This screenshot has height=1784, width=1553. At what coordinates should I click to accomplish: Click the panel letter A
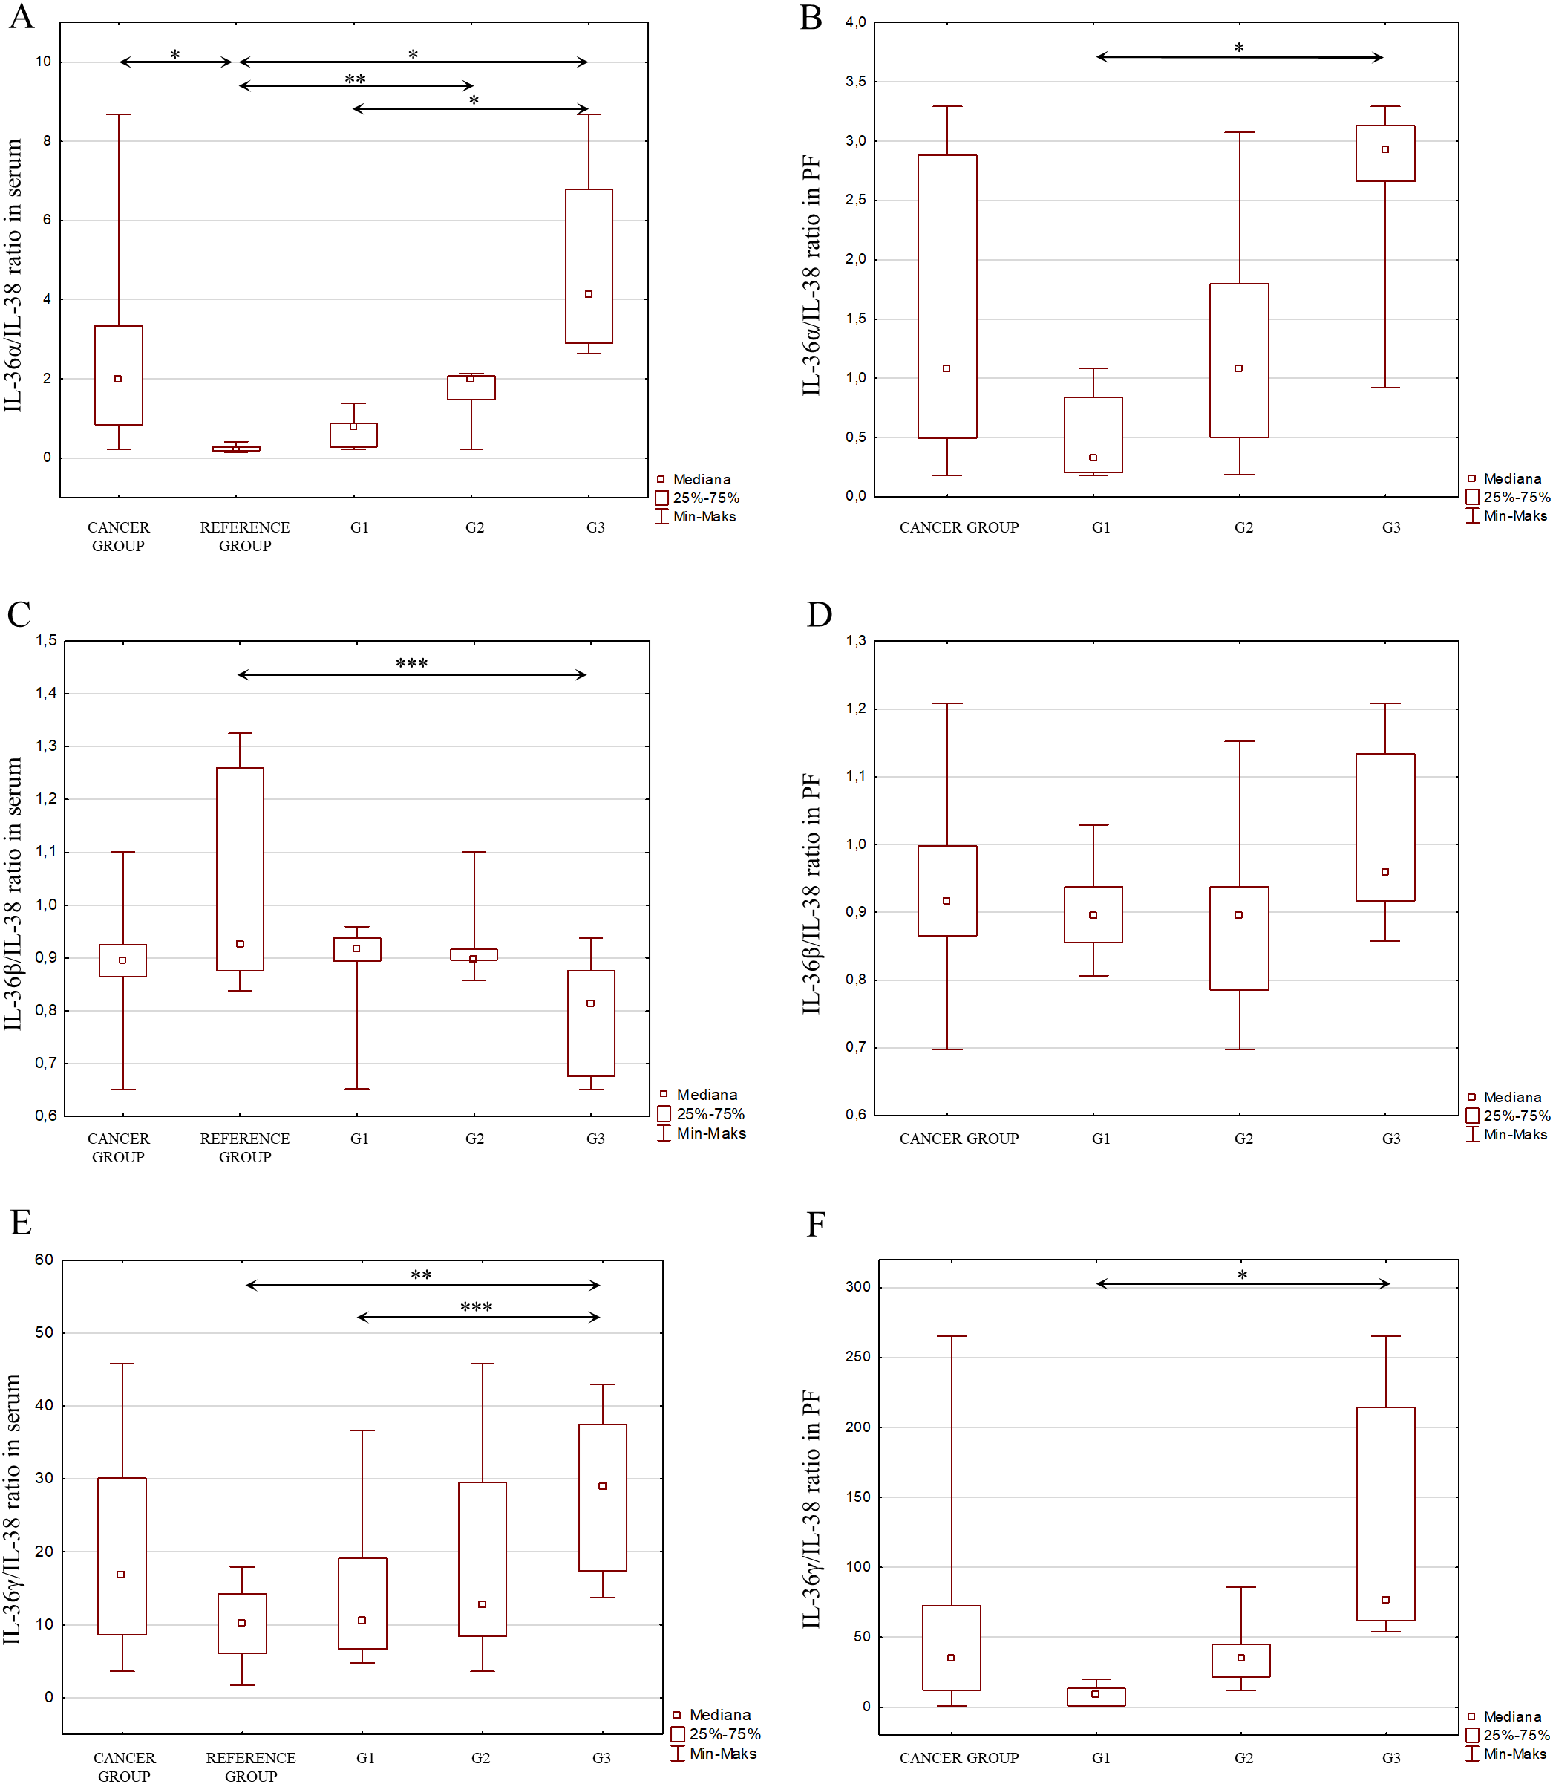click(x=21, y=16)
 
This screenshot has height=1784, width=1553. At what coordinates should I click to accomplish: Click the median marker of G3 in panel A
click(x=589, y=294)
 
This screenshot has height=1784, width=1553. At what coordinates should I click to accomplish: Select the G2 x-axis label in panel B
click(x=1243, y=527)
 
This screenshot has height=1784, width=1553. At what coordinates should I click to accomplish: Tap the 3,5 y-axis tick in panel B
click(x=855, y=82)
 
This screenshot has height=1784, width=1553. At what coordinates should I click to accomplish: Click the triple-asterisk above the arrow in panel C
click(x=412, y=664)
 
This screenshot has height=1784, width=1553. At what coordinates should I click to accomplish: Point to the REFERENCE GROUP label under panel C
click(x=244, y=1147)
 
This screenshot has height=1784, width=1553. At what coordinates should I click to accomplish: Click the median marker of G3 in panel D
click(x=1385, y=871)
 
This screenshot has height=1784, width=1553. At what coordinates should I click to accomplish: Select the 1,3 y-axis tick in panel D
click(x=855, y=642)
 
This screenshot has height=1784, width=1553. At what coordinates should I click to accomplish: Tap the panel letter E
click(x=21, y=1223)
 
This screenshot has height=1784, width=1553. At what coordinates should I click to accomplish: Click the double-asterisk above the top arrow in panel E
click(x=421, y=1275)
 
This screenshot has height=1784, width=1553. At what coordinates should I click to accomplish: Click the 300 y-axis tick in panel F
click(x=857, y=1286)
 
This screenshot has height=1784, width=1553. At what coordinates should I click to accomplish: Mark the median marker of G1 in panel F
click(x=1096, y=1694)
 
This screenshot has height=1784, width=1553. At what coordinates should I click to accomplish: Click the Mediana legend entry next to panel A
click(x=701, y=479)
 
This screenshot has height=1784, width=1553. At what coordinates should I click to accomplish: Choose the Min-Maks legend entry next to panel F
click(x=1514, y=1754)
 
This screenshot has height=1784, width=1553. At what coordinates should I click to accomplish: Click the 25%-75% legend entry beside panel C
click(x=710, y=1114)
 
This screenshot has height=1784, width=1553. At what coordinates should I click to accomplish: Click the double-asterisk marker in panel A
click(x=356, y=79)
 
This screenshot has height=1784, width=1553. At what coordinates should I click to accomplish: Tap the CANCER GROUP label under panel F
click(x=958, y=1758)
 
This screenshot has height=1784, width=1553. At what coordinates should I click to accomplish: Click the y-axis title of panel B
click(x=811, y=276)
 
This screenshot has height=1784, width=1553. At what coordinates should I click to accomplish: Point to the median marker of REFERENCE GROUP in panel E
click(x=242, y=1623)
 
